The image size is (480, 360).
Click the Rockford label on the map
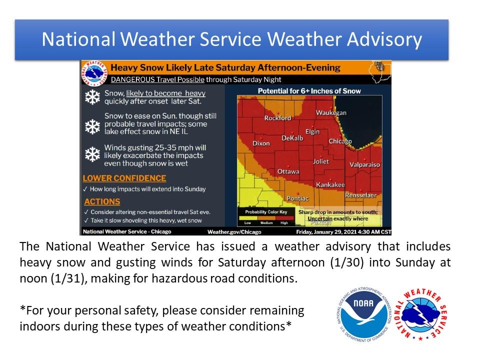(277, 118)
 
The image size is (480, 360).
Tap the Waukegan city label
(331, 113)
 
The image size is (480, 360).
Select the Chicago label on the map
(340, 141)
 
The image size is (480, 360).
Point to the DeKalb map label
(292, 138)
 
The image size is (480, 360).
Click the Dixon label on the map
(261, 143)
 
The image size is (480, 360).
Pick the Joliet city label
(321, 161)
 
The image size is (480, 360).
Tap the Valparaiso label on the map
(365, 164)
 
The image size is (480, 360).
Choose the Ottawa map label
(288, 171)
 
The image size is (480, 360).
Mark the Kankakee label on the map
(330, 184)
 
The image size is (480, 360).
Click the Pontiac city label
(297, 198)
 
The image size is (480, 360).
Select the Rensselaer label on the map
(361, 194)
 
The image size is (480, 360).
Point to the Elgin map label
(312, 131)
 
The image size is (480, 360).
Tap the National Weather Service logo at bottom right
(421, 316)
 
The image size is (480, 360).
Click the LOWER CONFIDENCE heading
(124, 178)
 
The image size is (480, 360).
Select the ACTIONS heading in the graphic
(102, 202)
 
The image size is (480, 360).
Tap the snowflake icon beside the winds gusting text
(92, 154)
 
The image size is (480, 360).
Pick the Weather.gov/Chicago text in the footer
(234, 232)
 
